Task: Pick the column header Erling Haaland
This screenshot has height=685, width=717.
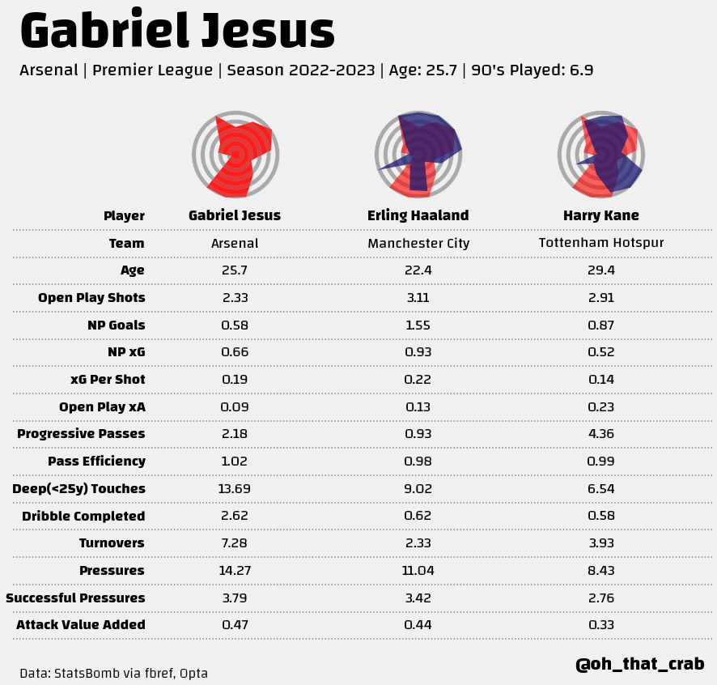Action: (x=418, y=215)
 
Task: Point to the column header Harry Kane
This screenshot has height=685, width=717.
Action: (x=601, y=215)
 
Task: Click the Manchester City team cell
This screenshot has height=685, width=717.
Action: (x=418, y=243)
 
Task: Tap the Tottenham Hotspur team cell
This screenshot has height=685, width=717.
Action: (x=601, y=243)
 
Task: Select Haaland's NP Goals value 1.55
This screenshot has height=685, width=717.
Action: (x=418, y=325)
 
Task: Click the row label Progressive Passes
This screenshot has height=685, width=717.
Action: (x=81, y=434)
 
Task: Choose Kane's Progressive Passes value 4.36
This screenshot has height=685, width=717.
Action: (x=601, y=434)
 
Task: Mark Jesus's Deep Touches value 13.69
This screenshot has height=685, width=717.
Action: (x=235, y=488)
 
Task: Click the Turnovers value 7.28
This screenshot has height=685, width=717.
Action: (x=235, y=543)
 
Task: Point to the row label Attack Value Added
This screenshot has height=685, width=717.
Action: (x=81, y=625)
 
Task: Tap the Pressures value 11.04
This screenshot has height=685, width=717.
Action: (x=418, y=570)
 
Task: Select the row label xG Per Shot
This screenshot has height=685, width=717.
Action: (x=108, y=380)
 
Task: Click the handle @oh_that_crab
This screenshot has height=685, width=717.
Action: (x=639, y=664)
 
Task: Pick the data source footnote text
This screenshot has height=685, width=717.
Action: (x=114, y=673)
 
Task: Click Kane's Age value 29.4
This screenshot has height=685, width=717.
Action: (x=601, y=270)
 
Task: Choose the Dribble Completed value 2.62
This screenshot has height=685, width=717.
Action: (x=235, y=516)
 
